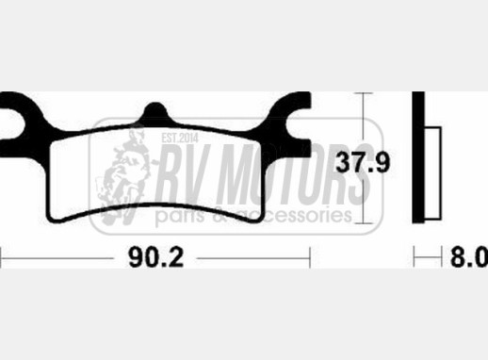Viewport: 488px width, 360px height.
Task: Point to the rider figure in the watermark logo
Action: point(129,174)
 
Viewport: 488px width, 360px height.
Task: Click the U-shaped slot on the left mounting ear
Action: point(9,119)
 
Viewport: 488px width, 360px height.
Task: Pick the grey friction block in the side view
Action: point(434,155)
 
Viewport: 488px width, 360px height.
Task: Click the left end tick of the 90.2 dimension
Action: point(2,254)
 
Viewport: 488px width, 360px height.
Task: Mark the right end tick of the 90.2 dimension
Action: point(310,254)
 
